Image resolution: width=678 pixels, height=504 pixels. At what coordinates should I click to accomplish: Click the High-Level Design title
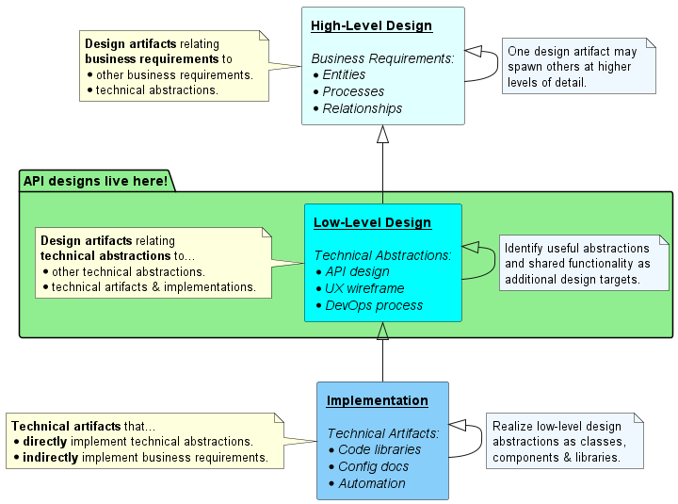371,25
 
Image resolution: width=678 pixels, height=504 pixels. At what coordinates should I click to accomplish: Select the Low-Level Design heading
372,223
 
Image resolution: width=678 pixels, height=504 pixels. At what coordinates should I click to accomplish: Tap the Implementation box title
377,400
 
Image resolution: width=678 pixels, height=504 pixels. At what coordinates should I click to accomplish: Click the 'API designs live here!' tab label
95,180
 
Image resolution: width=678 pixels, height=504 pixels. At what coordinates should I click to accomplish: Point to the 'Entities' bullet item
344,74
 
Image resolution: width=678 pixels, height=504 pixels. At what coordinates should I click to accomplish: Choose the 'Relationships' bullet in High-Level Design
362,108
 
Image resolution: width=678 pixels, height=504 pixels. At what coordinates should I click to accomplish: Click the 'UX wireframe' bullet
364,288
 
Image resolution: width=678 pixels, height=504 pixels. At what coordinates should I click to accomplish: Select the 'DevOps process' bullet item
373,305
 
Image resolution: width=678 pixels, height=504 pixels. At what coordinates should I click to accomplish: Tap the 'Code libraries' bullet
379,449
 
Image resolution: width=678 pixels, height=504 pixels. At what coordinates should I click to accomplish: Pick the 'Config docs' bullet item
372,466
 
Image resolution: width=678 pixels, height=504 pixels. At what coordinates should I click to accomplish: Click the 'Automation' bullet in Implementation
371,483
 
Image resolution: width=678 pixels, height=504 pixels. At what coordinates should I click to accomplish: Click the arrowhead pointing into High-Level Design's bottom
382,134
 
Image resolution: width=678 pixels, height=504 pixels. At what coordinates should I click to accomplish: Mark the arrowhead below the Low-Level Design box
382,331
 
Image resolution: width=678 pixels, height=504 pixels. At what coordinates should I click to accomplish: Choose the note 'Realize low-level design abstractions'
564,441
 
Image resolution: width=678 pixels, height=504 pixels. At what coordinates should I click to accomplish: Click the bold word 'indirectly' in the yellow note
52,458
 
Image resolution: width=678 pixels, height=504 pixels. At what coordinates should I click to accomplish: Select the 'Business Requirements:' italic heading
382,57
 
